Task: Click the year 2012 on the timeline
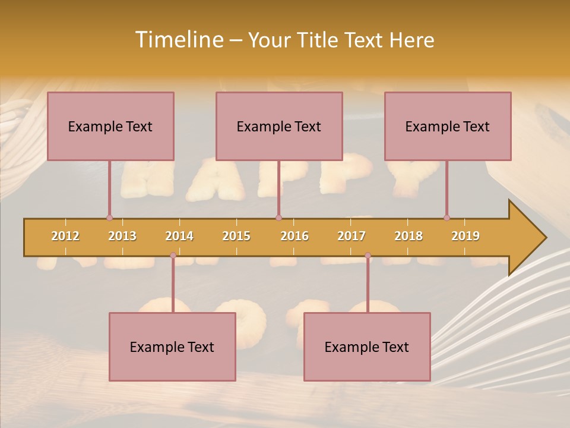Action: click(65, 236)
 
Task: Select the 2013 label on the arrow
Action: click(122, 236)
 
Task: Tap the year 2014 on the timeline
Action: click(179, 236)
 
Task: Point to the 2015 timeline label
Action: click(236, 236)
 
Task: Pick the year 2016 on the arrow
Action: click(294, 236)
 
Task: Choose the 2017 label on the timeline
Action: click(351, 236)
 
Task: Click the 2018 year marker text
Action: click(408, 236)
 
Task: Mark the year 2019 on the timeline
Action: click(465, 236)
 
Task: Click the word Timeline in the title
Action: click(178, 40)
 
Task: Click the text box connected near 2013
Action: click(110, 126)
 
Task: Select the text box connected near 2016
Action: click(279, 126)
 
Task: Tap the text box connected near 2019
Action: click(448, 126)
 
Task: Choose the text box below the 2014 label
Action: click(172, 347)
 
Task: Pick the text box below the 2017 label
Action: click(367, 347)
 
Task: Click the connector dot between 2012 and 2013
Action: click(109, 218)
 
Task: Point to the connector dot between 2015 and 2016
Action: click(278, 218)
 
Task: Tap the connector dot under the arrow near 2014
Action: click(173, 256)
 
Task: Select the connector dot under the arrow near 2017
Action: click(368, 256)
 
